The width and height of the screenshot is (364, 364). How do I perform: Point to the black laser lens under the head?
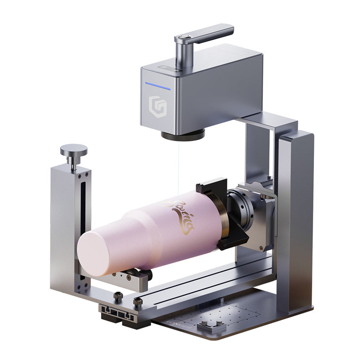(x=182, y=134)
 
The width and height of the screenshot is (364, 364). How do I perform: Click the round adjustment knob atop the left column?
(x=73, y=149)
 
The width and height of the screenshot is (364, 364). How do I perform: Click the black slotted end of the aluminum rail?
(x=118, y=314)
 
